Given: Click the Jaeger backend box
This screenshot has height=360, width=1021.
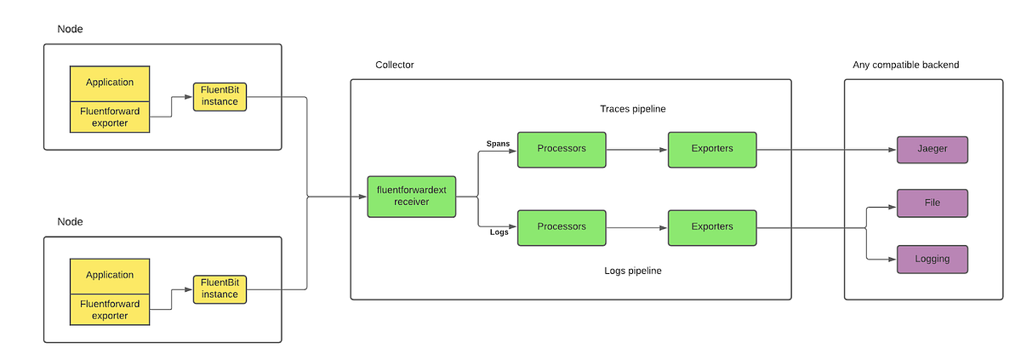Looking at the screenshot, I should coord(933,149).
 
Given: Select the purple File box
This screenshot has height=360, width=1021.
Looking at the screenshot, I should coord(933,203).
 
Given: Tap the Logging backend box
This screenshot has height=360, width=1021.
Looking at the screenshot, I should coord(933,259).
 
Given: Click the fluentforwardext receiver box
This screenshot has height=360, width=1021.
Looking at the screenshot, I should coord(411,197).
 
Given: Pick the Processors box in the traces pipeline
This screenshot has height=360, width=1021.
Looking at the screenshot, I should coord(562,149).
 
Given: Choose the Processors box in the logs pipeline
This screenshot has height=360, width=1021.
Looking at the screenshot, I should coord(562,227).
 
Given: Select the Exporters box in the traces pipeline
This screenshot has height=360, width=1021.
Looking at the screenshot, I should coord(712,149).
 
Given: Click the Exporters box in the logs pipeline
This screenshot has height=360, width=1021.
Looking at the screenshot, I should coord(712,227).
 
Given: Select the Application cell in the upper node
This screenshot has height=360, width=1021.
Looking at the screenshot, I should coord(110,83).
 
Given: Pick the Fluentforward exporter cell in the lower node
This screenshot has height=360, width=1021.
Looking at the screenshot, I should coord(110,310).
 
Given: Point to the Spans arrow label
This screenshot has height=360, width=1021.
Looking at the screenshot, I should coord(498,143).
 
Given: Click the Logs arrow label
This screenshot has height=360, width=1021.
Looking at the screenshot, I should coord(499,231).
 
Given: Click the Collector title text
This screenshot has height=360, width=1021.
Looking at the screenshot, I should coord(395,66).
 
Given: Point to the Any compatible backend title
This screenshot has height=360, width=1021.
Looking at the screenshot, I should coord(905,66).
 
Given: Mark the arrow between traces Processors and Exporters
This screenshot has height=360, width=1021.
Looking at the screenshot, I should coord(636,149).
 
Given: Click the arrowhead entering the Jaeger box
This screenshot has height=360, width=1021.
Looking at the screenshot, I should coord(893,149).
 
